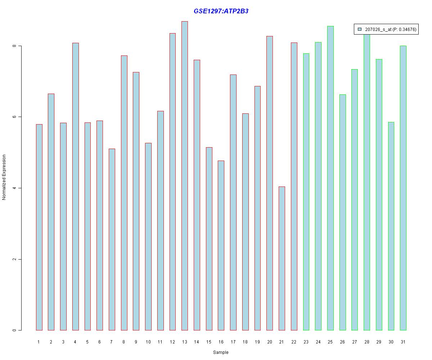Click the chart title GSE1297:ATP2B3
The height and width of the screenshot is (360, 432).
221,11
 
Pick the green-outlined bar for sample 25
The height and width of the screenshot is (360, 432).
330,178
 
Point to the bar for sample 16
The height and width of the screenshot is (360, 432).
221,245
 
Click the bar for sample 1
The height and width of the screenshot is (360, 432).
39,227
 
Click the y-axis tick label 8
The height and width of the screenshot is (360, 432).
15,46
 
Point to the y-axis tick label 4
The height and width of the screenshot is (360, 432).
15,188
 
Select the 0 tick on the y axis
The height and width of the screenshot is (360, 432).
15,330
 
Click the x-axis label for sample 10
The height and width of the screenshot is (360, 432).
148,342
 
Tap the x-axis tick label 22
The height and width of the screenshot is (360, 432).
294,342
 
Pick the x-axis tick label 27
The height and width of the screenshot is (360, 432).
355,342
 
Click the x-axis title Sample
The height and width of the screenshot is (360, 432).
221,352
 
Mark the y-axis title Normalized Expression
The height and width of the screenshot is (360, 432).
4,177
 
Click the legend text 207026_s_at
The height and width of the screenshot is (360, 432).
378,30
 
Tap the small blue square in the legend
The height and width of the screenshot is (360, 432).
360,30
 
